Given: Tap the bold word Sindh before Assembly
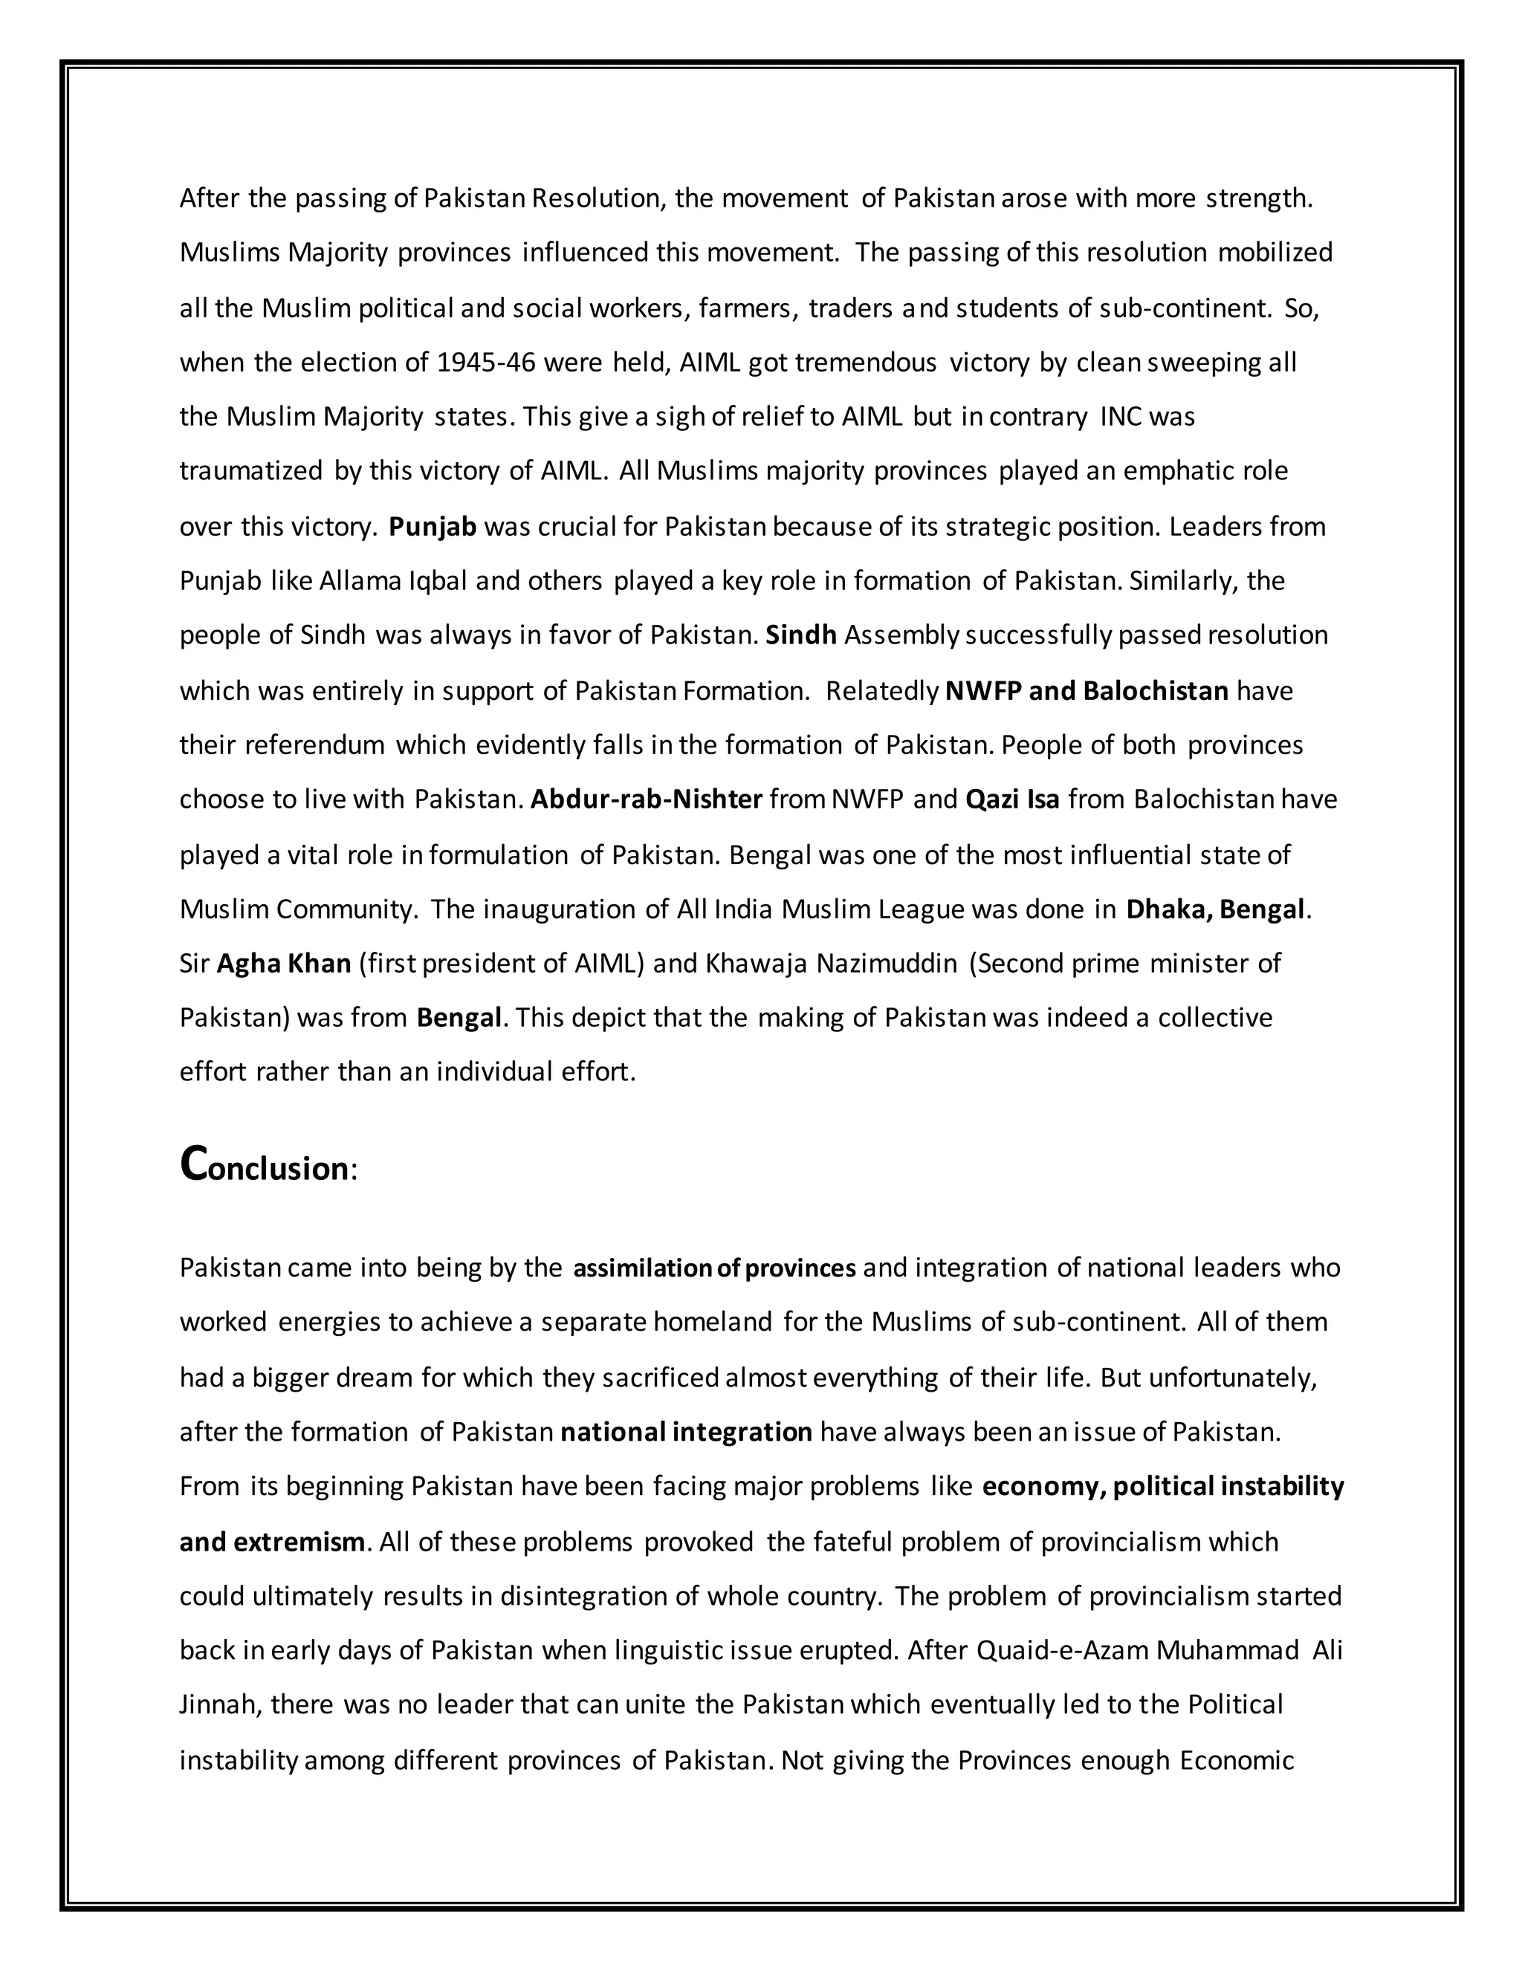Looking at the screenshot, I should (x=800, y=635).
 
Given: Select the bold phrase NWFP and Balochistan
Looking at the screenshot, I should (x=1087, y=690).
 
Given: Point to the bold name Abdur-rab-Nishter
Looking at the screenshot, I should (x=647, y=799).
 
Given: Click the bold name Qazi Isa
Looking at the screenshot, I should (x=1011, y=799).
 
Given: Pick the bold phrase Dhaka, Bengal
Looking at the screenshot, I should (x=1214, y=909).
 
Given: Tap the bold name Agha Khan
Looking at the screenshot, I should (x=284, y=964).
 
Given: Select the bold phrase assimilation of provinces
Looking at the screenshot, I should (x=714, y=1268).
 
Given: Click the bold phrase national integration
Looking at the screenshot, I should (x=686, y=1432).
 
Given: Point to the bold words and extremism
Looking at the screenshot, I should (x=271, y=1542).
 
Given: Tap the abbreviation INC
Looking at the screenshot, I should (x=1121, y=417).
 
